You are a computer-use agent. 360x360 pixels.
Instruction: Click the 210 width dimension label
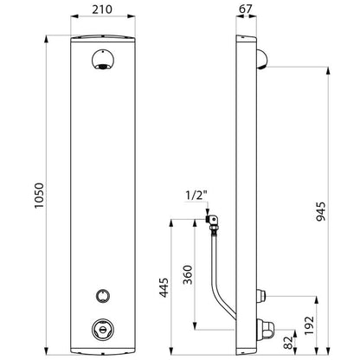pyautogui.click(x=102, y=10)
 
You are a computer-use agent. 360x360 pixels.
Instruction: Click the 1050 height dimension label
pyautogui.click(x=39, y=196)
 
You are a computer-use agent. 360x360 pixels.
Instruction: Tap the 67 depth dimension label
pyautogui.click(x=246, y=9)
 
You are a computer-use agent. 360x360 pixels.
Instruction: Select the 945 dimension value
pyautogui.click(x=320, y=211)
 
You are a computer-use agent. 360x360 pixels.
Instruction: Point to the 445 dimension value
pyautogui.click(x=164, y=287)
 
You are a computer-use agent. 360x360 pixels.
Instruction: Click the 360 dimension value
pyautogui.click(x=188, y=274)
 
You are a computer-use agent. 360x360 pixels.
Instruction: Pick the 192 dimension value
pyautogui.click(x=309, y=325)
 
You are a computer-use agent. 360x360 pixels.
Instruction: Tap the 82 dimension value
pyautogui.click(x=288, y=343)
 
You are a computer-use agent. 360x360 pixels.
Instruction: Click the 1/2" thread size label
pyautogui.click(x=196, y=196)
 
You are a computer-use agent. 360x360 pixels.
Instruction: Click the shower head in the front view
pyautogui.click(x=103, y=60)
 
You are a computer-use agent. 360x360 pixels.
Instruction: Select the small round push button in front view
pyautogui.click(x=103, y=296)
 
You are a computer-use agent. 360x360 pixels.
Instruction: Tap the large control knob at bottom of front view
pyautogui.click(x=103, y=329)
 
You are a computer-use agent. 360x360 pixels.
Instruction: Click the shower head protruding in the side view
pyautogui.click(x=261, y=60)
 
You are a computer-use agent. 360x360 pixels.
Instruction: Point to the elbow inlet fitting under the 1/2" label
pyautogui.click(x=213, y=222)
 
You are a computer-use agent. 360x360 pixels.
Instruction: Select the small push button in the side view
pyautogui.click(x=261, y=296)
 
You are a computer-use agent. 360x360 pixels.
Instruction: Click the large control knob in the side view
pyautogui.click(x=266, y=329)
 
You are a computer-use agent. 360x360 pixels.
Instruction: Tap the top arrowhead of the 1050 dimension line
pyautogui.click(x=46, y=38)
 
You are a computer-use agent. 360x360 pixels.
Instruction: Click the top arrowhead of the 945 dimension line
pyautogui.click(x=328, y=70)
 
